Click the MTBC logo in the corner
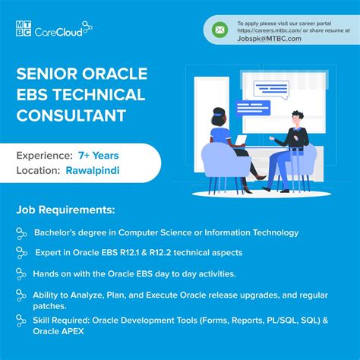point(24,28)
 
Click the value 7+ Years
point(98,156)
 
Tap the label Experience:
point(43,156)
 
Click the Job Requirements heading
point(65,209)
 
